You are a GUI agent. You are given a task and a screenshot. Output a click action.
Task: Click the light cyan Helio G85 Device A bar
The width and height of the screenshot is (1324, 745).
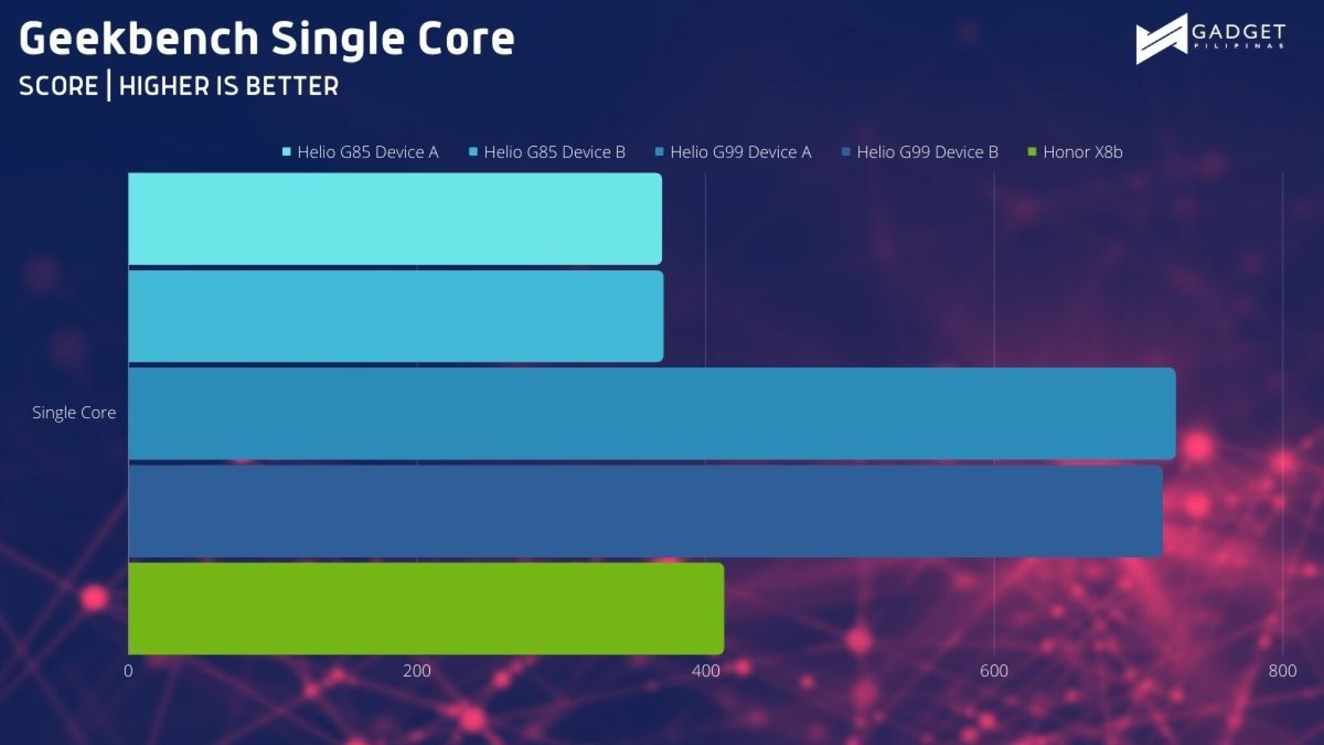394,219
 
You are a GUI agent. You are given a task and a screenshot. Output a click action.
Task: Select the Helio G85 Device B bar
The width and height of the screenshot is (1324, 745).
396,316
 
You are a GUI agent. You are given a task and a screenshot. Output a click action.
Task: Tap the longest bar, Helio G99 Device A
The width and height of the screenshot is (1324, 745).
652,414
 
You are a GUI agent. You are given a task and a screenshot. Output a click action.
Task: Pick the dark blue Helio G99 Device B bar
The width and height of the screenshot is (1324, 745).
645,512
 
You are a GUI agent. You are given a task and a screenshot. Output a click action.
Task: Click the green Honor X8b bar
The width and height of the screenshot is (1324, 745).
425,609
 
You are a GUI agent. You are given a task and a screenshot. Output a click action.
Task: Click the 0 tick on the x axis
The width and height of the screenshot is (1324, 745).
128,671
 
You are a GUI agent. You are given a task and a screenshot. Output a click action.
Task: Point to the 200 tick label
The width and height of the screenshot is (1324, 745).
417,671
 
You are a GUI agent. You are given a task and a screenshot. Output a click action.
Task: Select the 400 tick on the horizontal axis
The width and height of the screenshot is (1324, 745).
705,671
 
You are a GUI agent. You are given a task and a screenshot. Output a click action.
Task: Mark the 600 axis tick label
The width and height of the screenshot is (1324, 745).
994,671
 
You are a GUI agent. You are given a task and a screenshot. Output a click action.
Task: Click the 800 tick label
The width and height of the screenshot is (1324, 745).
1282,671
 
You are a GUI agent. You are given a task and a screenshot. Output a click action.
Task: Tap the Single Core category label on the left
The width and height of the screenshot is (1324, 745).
74,413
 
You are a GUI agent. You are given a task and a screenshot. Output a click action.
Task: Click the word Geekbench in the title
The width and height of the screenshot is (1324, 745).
139,39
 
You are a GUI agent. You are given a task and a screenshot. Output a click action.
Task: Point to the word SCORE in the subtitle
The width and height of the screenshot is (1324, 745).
58,86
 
